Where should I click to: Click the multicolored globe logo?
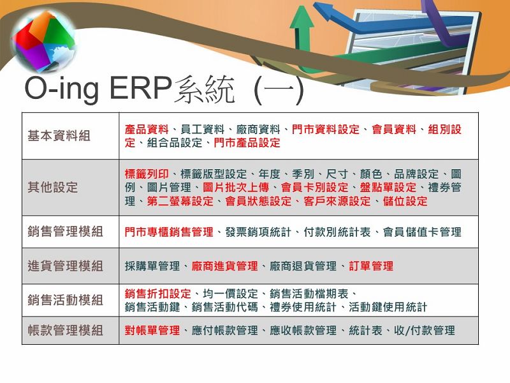pos(44,41)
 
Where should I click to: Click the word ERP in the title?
pos(140,87)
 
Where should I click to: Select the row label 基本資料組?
pos(59,136)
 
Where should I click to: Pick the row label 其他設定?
pos(53,187)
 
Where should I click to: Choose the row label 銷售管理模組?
pos(66,232)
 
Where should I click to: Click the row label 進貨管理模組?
pos(66,266)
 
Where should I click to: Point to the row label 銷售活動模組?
pos(66,300)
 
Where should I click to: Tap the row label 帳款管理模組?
pos(66,330)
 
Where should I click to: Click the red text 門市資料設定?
pos(326,130)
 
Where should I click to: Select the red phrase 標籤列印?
pos(147,174)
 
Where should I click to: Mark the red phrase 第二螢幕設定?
pos(180,201)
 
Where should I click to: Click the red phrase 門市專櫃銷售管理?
pos(169,232)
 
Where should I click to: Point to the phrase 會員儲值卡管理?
pos(422,232)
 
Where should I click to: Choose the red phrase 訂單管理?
pos(371,266)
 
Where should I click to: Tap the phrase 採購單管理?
pos(152,266)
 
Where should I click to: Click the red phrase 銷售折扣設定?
pos(157,294)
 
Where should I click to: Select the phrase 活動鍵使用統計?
pos(388,307)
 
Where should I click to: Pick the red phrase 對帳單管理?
pos(152,331)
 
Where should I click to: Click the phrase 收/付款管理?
pos(425,331)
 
